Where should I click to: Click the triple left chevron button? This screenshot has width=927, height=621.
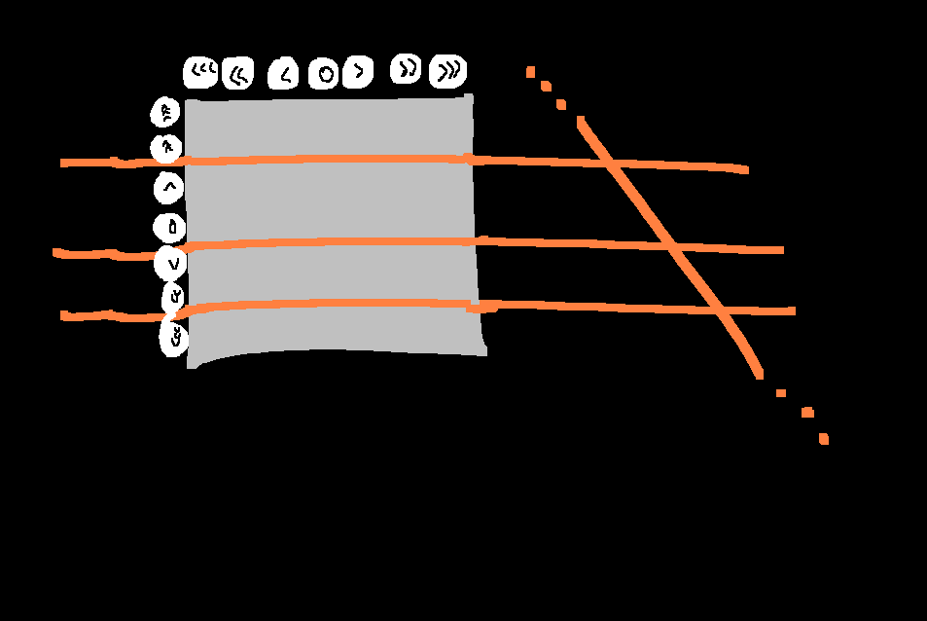click(201, 71)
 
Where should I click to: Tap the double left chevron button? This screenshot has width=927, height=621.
click(237, 73)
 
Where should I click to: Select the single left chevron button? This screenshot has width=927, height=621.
click(284, 73)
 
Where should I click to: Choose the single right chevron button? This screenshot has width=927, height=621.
click(358, 71)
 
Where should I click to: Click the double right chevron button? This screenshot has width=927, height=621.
click(407, 69)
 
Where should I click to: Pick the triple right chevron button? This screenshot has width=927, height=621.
click(448, 71)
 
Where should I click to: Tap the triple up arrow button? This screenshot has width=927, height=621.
click(165, 113)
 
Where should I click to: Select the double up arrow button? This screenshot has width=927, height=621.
click(166, 148)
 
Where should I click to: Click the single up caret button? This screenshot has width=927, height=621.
click(169, 186)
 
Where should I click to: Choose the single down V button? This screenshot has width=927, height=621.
click(172, 263)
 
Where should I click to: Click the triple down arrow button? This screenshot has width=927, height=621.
click(174, 338)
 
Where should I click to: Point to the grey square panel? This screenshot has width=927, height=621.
click(331, 229)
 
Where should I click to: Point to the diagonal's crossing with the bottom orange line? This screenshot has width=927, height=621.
click(719, 310)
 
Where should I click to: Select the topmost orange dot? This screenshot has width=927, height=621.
click(530, 71)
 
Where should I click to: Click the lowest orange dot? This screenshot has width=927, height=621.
click(824, 439)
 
